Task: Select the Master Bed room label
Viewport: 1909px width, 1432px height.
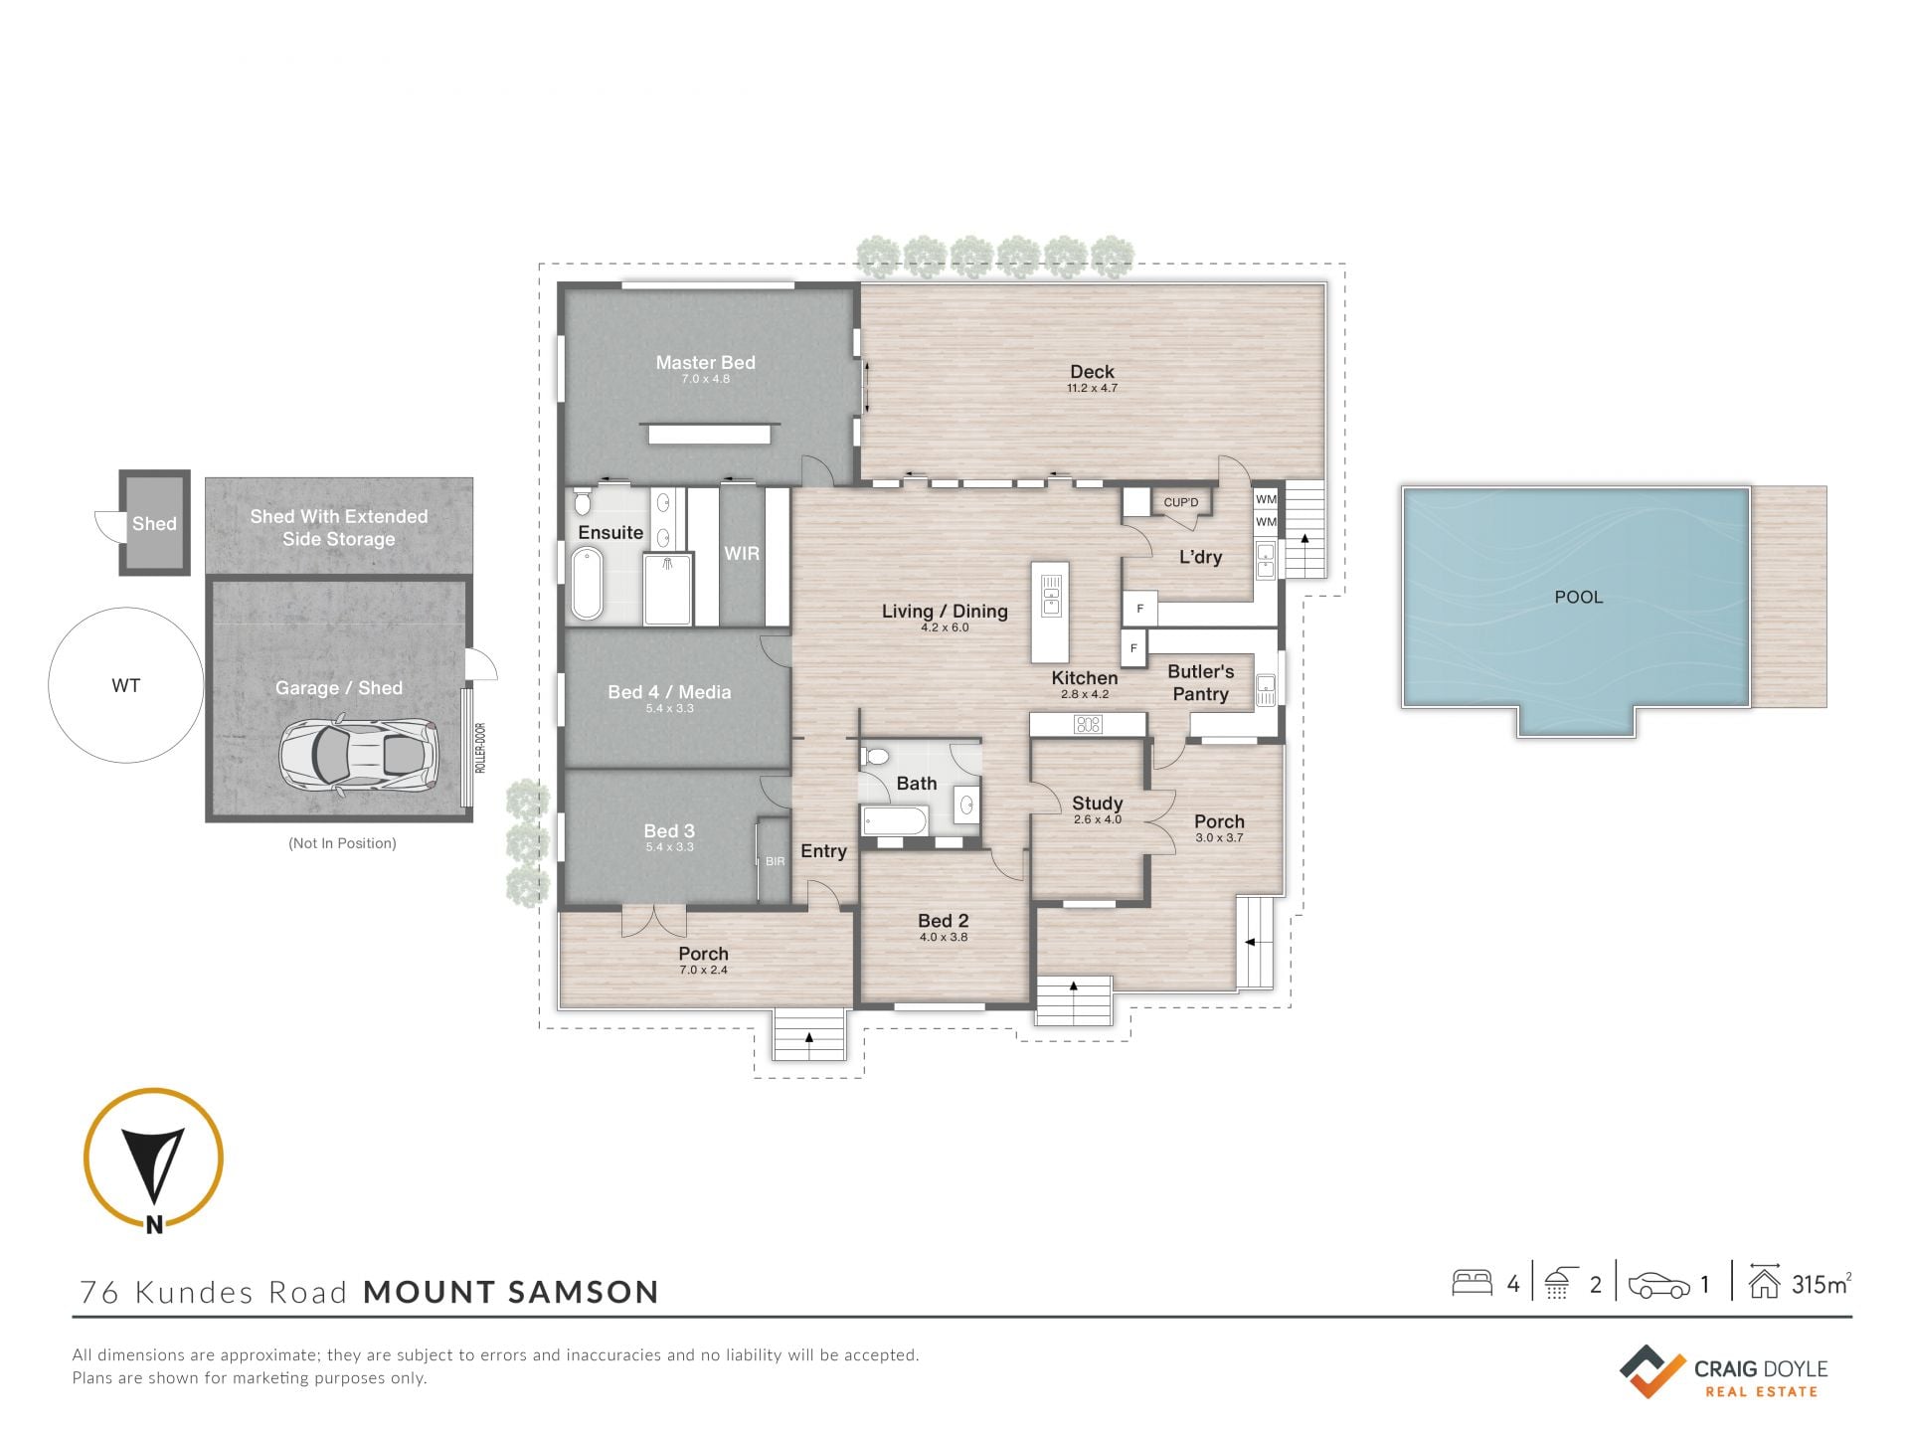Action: pos(705,363)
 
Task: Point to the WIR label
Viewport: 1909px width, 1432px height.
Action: pos(742,554)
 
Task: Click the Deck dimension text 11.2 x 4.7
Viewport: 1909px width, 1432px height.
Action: pos(1092,388)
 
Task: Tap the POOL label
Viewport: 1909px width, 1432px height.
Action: pos(1579,597)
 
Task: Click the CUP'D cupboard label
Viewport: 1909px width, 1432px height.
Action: pos(1181,502)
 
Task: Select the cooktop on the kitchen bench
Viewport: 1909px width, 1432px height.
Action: pos(1088,725)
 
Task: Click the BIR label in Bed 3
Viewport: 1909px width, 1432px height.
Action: pos(775,861)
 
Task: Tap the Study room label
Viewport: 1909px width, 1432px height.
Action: pos(1098,803)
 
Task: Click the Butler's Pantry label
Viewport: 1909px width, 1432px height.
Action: pos(1201,683)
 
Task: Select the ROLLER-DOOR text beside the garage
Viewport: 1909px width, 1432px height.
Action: pos(480,748)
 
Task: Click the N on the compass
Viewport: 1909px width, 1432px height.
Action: pos(154,1225)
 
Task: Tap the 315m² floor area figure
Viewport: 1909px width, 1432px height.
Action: pos(1822,1284)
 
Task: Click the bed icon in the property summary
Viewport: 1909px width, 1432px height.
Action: pos(1473,1283)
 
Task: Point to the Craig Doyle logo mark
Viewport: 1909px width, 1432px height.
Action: pos(1652,1371)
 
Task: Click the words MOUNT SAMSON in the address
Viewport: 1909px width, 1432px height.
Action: pos(511,1292)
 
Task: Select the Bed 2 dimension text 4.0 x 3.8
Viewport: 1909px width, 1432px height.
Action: pos(944,937)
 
